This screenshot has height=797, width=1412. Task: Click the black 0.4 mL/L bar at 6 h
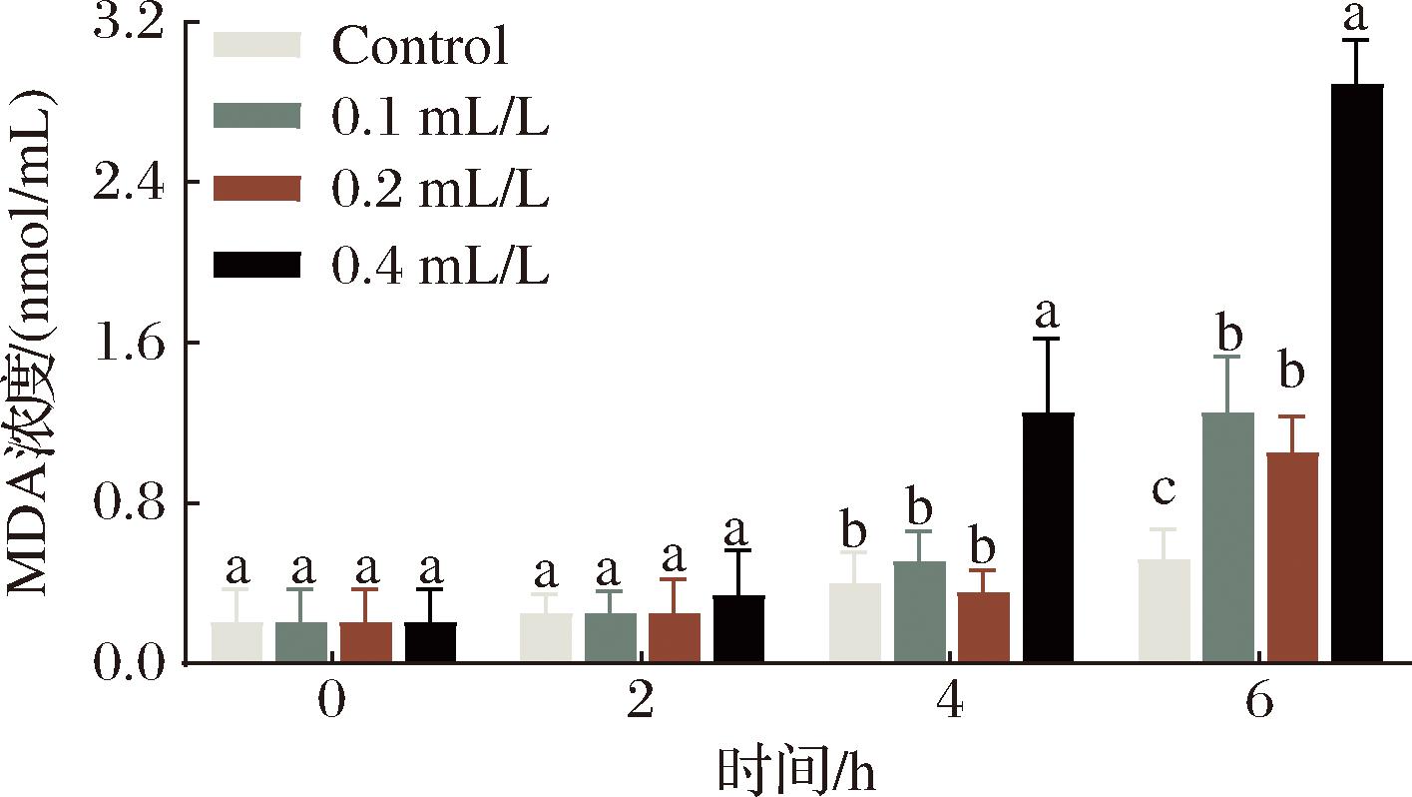(x=1358, y=374)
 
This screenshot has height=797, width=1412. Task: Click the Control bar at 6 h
(x=1165, y=610)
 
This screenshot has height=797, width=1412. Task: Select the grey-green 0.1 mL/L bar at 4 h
(x=920, y=611)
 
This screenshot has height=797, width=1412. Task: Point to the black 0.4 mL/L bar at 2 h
(x=738, y=628)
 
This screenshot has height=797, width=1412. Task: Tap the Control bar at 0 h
(x=237, y=641)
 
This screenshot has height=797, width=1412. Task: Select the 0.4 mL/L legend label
(x=440, y=267)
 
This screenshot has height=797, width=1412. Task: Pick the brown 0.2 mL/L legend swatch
(x=257, y=190)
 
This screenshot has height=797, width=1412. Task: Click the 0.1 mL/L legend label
(x=440, y=119)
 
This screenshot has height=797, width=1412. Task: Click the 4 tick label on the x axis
(x=950, y=703)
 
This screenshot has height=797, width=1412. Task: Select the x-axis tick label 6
(x=1259, y=703)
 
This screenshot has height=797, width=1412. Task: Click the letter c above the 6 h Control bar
(x=1164, y=490)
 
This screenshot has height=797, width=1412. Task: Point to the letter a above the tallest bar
(x=1355, y=16)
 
